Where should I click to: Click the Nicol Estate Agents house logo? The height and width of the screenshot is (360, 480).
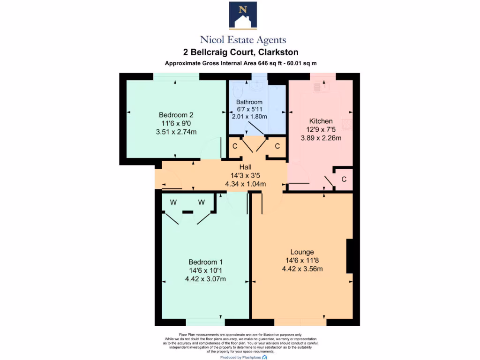[243, 15]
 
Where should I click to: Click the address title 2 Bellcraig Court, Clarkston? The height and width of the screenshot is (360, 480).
[240, 52]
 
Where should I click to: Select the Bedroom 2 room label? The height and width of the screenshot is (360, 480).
[176, 115]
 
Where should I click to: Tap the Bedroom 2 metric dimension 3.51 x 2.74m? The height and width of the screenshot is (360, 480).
[176, 132]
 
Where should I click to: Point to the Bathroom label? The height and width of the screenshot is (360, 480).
[249, 102]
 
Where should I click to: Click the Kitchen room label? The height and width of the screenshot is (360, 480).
[321, 121]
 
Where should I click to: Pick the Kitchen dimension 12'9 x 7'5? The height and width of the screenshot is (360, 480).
[321, 129]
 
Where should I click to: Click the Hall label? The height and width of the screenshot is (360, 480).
[246, 167]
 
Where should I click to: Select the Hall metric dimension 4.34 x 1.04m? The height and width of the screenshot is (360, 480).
[246, 184]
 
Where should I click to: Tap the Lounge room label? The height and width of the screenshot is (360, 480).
[302, 252]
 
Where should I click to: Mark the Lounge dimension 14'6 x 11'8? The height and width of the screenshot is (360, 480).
[302, 260]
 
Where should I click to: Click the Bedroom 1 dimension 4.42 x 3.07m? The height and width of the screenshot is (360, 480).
[205, 279]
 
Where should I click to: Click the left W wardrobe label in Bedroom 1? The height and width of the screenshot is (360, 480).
[173, 202]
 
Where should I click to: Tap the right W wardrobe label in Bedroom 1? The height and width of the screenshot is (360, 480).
[202, 202]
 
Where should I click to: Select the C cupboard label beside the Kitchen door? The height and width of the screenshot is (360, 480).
[344, 179]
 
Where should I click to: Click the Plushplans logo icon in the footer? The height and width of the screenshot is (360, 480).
[265, 357]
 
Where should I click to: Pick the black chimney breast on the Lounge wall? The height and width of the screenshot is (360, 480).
[349, 256]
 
